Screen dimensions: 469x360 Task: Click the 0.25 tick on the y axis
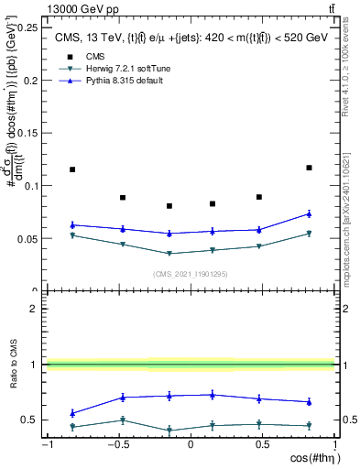click(30, 27)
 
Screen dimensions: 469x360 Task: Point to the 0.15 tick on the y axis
click(30, 133)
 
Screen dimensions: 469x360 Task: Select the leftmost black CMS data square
click(72, 169)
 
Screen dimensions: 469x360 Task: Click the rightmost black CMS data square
click(309, 168)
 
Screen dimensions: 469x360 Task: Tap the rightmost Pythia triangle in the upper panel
click(309, 214)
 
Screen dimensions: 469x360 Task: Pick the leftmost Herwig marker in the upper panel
click(72, 235)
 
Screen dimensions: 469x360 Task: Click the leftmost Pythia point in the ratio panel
click(72, 413)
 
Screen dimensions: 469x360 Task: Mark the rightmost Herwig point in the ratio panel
click(309, 425)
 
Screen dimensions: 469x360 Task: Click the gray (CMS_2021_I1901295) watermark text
click(190, 273)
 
